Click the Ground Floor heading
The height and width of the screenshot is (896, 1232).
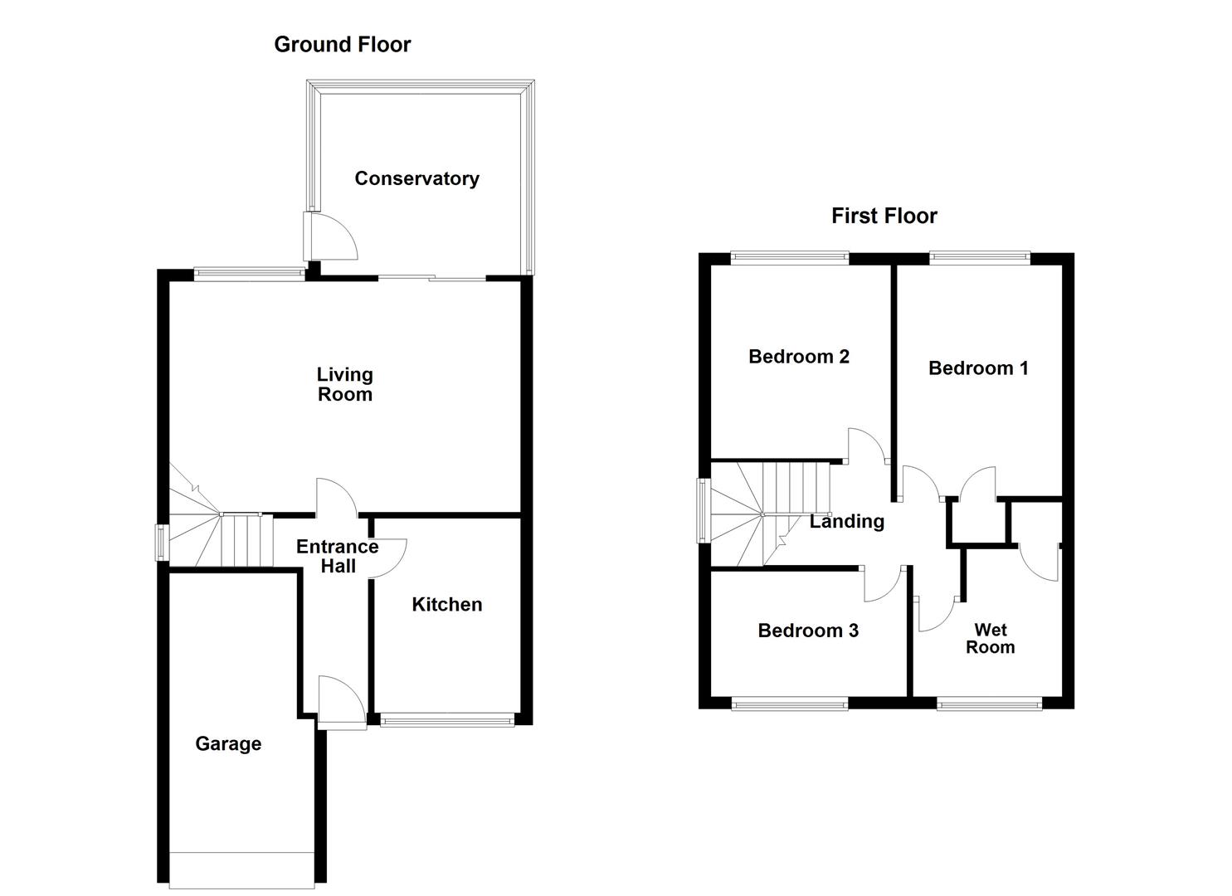[x=342, y=45]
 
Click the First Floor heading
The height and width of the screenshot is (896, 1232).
[x=884, y=217]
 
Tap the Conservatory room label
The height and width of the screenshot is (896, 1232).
[x=416, y=178]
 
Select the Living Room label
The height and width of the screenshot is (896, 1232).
[x=344, y=385]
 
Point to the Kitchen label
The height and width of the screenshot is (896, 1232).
[x=446, y=605]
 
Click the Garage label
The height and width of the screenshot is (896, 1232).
[x=228, y=744]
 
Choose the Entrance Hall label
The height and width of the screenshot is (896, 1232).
[x=337, y=557]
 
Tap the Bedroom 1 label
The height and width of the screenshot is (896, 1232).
[x=978, y=368]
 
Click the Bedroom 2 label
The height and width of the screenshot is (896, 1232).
[x=798, y=357]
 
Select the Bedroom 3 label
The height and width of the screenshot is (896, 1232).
[x=807, y=631]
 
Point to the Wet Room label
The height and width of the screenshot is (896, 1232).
[x=990, y=639]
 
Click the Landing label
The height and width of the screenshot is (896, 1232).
[x=846, y=522]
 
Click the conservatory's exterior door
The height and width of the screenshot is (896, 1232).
[x=330, y=236]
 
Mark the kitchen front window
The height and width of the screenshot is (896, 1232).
[x=448, y=720]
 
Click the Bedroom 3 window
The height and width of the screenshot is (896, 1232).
[x=789, y=704]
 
